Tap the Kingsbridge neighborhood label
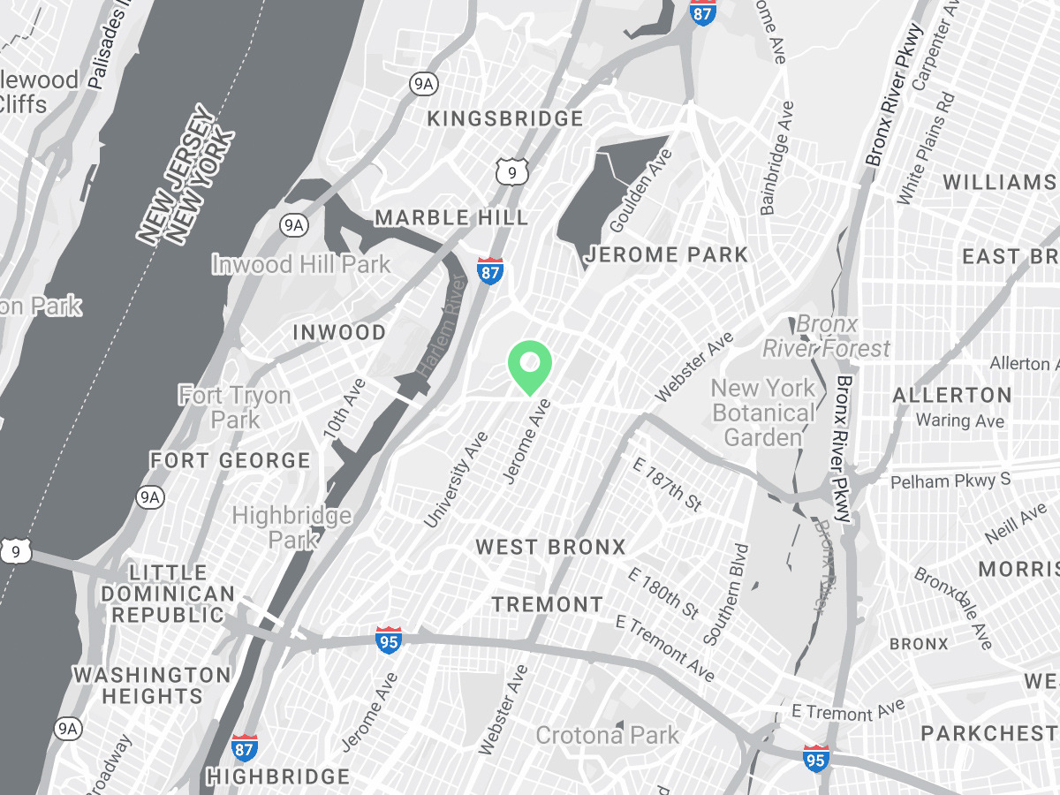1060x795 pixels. click(x=505, y=118)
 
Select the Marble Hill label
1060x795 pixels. click(x=451, y=217)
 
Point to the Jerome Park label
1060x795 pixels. click(x=667, y=255)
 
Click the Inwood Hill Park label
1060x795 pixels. click(x=300, y=264)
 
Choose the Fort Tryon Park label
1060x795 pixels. click(x=235, y=406)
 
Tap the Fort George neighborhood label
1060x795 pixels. click(x=230, y=460)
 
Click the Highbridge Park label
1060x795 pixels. click(x=291, y=526)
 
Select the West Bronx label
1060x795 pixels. click(x=550, y=547)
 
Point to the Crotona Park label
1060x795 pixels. click(x=608, y=735)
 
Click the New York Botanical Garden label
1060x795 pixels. click(x=763, y=412)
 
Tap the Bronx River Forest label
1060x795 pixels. click(x=826, y=337)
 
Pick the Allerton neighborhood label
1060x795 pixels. click(x=952, y=395)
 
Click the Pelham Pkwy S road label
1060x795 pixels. click(x=950, y=481)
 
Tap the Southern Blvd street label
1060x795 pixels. click(x=726, y=594)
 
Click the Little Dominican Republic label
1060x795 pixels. click(x=168, y=594)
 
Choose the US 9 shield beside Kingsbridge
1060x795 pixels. click(x=511, y=171)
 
